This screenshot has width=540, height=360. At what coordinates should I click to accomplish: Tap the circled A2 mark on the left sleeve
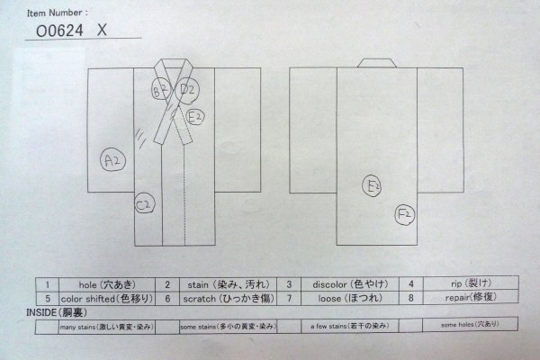112,160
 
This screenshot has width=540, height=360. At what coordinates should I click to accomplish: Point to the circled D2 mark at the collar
188,89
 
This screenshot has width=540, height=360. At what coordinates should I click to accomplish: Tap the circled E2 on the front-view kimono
197,116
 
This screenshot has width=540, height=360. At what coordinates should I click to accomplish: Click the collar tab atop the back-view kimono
377,62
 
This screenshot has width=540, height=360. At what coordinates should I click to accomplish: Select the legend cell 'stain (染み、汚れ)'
220,283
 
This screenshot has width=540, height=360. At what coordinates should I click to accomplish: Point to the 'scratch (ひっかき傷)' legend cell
220,297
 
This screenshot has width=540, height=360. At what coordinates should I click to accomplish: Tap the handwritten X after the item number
103,29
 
